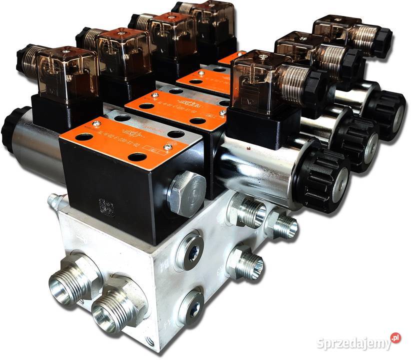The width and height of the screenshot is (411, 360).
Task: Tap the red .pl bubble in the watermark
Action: click(395, 338)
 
